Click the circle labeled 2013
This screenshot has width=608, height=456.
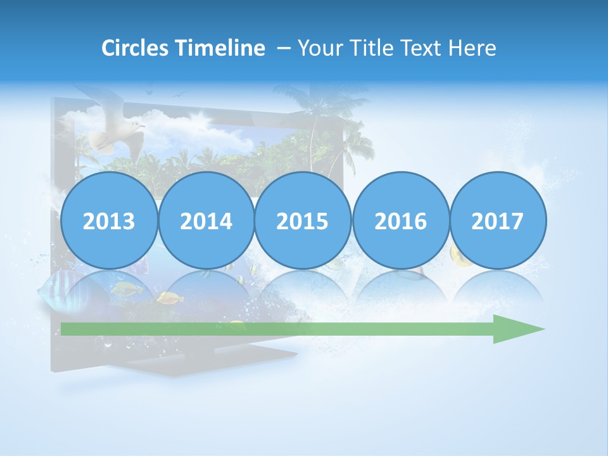[x=109, y=221]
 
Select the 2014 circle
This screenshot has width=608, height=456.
[x=206, y=221]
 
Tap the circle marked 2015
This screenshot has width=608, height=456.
[x=303, y=221]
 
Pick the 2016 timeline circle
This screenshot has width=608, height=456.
[x=400, y=221]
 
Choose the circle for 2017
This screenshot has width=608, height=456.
[x=497, y=221]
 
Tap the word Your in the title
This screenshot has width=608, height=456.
[x=317, y=48]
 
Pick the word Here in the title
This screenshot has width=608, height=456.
[x=472, y=48]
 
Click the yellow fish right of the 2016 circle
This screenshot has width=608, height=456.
[x=459, y=256]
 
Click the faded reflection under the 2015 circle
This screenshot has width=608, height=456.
[x=303, y=288]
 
